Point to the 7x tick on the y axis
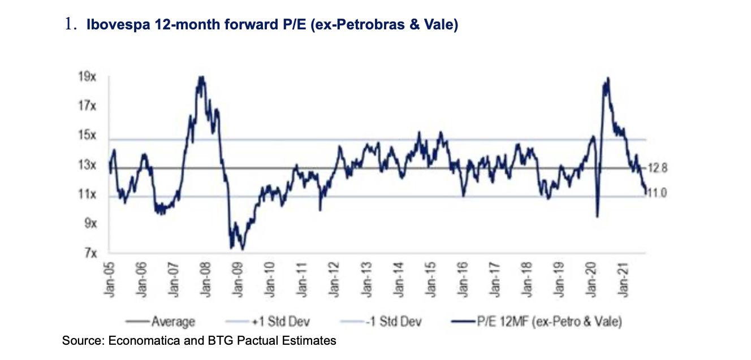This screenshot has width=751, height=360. tap(89, 253)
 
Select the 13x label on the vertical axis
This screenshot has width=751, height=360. tap(87, 166)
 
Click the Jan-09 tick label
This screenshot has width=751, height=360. tap(238, 279)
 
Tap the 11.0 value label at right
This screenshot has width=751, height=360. tap(657, 193)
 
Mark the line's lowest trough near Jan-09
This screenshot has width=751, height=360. tap(242, 249)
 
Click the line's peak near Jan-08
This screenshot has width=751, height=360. tap(201, 77)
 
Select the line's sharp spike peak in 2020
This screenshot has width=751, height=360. tap(607, 79)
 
